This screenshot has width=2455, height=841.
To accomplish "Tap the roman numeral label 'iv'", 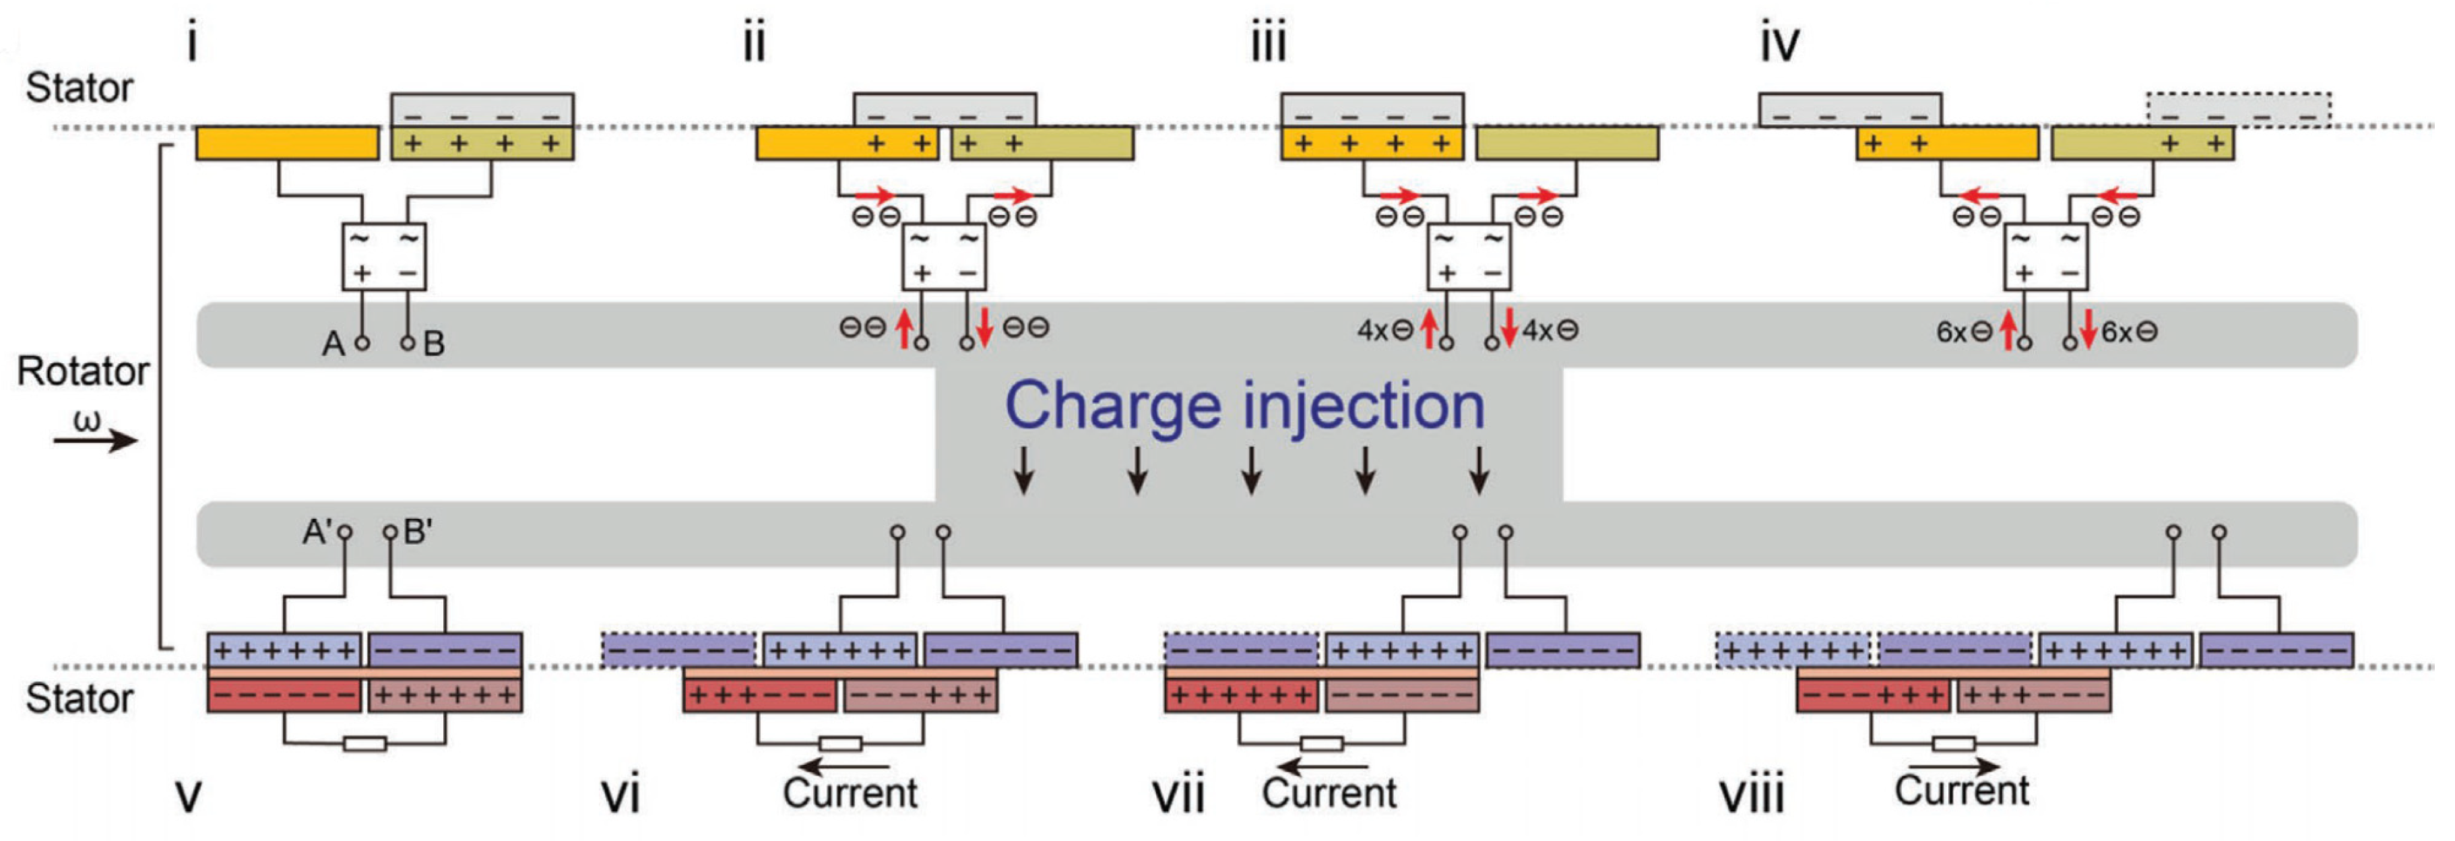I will click(x=1779, y=44).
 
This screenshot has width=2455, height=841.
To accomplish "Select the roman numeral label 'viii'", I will click(x=1752, y=795).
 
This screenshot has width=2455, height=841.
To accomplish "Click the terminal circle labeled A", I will click(x=362, y=342).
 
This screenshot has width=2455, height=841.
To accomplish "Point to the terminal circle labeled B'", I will click(x=390, y=531).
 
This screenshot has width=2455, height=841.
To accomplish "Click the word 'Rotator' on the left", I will click(x=83, y=371).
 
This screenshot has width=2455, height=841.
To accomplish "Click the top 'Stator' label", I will click(x=79, y=88).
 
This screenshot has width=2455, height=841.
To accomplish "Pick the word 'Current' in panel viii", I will click(x=1961, y=790).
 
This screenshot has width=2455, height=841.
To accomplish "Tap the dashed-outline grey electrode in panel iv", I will click(x=2239, y=110).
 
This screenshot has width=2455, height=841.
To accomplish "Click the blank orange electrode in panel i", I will click(x=287, y=144).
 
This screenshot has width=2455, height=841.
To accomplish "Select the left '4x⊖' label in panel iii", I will click(x=1384, y=331).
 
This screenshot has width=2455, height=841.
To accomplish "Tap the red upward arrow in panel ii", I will click(x=904, y=328).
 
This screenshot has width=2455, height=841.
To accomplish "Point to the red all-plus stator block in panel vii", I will click(x=1241, y=696).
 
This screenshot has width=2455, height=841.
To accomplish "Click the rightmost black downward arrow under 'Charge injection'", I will click(x=1478, y=470).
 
